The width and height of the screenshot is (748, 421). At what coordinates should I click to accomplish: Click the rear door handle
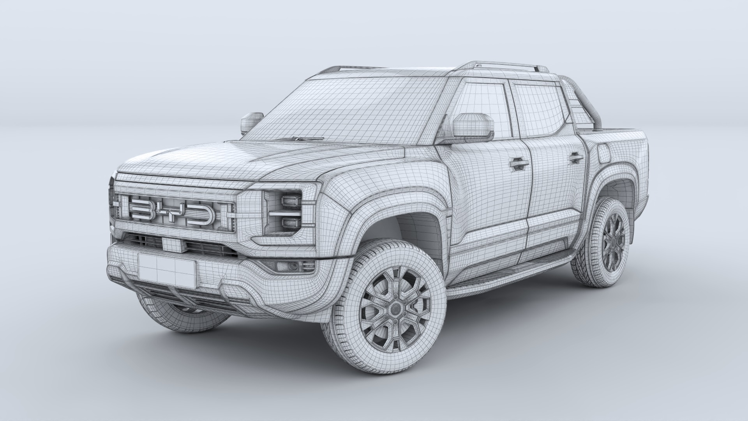[x=574, y=158]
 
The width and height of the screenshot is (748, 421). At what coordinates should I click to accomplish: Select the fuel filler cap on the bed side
[x=603, y=153]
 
